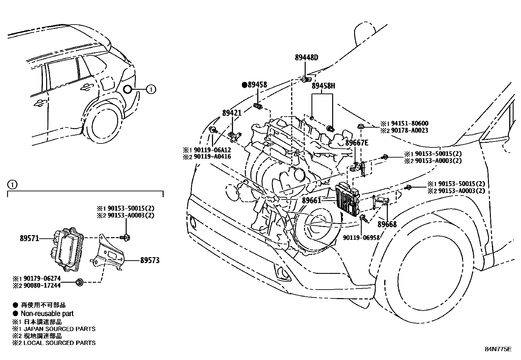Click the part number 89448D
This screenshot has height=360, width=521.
tap(306, 58)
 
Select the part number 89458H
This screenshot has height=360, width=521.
tap(323, 86)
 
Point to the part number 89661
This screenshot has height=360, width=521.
tap(312, 200)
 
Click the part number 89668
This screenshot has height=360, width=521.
tap(387, 224)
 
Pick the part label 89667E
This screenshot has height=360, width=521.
tap(357, 142)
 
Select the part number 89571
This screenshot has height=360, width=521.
tap(29, 238)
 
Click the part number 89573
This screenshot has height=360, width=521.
tap(150, 260)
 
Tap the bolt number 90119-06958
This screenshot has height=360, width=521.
tap(361, 237)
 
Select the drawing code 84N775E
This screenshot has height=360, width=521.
tap(498, 349)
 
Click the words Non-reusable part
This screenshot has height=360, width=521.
tap(47, 313)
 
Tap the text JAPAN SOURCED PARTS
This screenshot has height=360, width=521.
tap(59, 329)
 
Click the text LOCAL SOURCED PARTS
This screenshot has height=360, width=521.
tap(59, 343)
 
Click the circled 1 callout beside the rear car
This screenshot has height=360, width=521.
tap(151, 89)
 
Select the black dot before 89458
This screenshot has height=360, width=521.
tap(244, 85)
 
